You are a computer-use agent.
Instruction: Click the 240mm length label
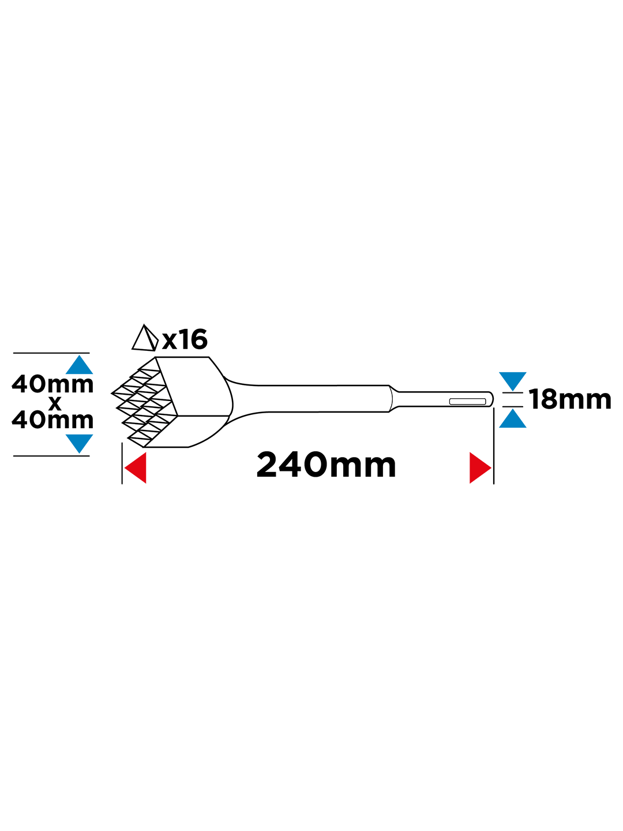click(x=326, y=465)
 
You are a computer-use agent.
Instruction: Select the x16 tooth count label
click(x=185, y=339)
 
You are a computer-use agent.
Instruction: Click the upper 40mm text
click(x=53, y=384)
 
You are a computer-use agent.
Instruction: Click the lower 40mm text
click(x=53, y=420)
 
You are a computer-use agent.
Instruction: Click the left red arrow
click(x=135, y=467)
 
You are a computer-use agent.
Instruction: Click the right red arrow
click(x=481, y=467)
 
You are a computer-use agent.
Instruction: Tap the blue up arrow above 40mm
click(x=80, y=364)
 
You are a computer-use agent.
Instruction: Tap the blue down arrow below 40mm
click(x=80, y=444)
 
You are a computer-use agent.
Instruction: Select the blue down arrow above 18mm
click(x=513, y=381)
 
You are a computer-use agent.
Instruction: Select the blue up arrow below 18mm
click(x=513, y=418)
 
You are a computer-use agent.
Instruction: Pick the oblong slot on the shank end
click(x=467, y=401)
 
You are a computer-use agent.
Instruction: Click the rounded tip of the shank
click(x=491, y=399)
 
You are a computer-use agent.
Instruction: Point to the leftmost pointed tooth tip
click(x=111, y=394)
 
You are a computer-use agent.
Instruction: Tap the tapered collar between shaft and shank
click(x=394, y=399)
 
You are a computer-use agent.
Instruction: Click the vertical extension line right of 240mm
click(x=494, y=446)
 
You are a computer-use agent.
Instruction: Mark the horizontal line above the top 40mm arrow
click(x=51, y=353)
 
